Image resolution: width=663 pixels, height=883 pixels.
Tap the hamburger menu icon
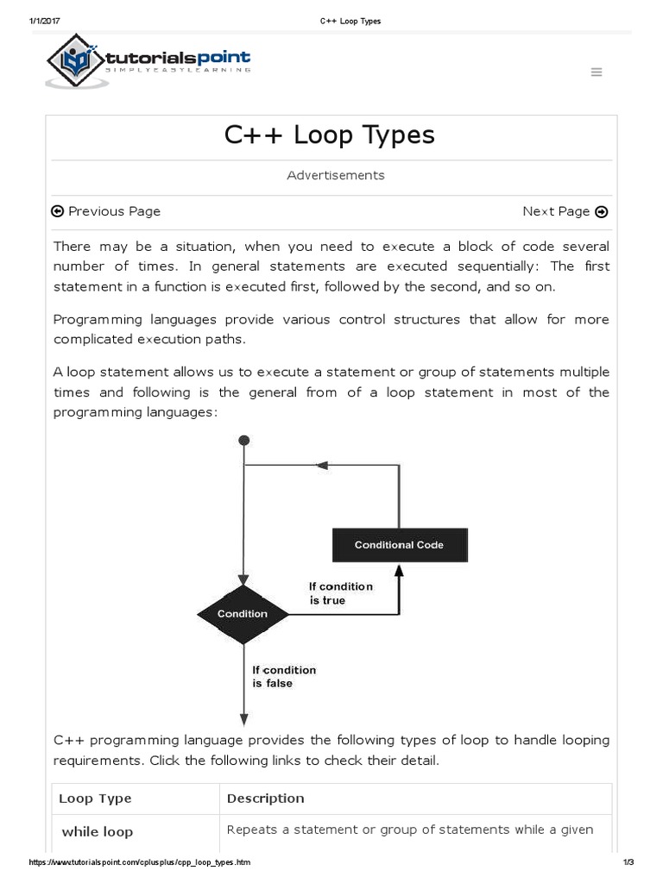point(597,72)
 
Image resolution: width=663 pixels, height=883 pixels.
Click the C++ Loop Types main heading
point(330,135)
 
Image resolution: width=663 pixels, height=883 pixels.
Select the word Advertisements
point(336,175)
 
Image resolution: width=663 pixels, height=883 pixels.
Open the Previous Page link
point(106,211)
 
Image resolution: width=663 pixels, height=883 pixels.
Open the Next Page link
point(565,211)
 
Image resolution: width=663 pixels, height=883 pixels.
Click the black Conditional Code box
point(399,545)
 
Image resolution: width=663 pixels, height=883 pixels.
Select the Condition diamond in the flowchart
point(243,614)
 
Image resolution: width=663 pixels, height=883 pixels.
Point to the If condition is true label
point(340,593)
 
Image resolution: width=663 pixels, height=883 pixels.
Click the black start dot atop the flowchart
point(244,440)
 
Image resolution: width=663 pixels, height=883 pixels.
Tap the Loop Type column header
point(95,798)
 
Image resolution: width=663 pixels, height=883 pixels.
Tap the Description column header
point(265,798)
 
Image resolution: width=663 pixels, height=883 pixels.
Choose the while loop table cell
point(98,832)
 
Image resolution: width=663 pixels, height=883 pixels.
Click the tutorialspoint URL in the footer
point(141,862)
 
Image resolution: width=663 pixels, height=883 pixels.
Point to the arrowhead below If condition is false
point(244,720)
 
